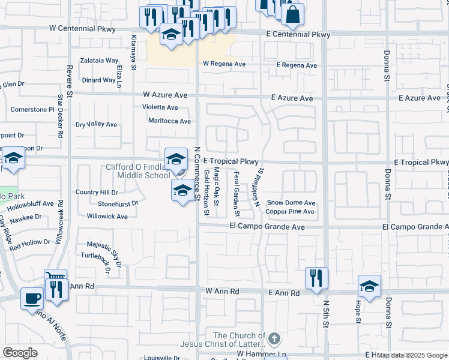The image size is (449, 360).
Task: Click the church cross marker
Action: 275,338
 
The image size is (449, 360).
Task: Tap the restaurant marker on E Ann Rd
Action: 316,277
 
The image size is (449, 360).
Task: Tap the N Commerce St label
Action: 197,173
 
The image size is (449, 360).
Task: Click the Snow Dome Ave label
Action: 291,203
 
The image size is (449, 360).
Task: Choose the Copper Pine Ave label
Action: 290,212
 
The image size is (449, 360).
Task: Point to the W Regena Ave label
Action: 225,64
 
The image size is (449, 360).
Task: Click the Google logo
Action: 20,352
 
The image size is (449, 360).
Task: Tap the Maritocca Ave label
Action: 170,121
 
